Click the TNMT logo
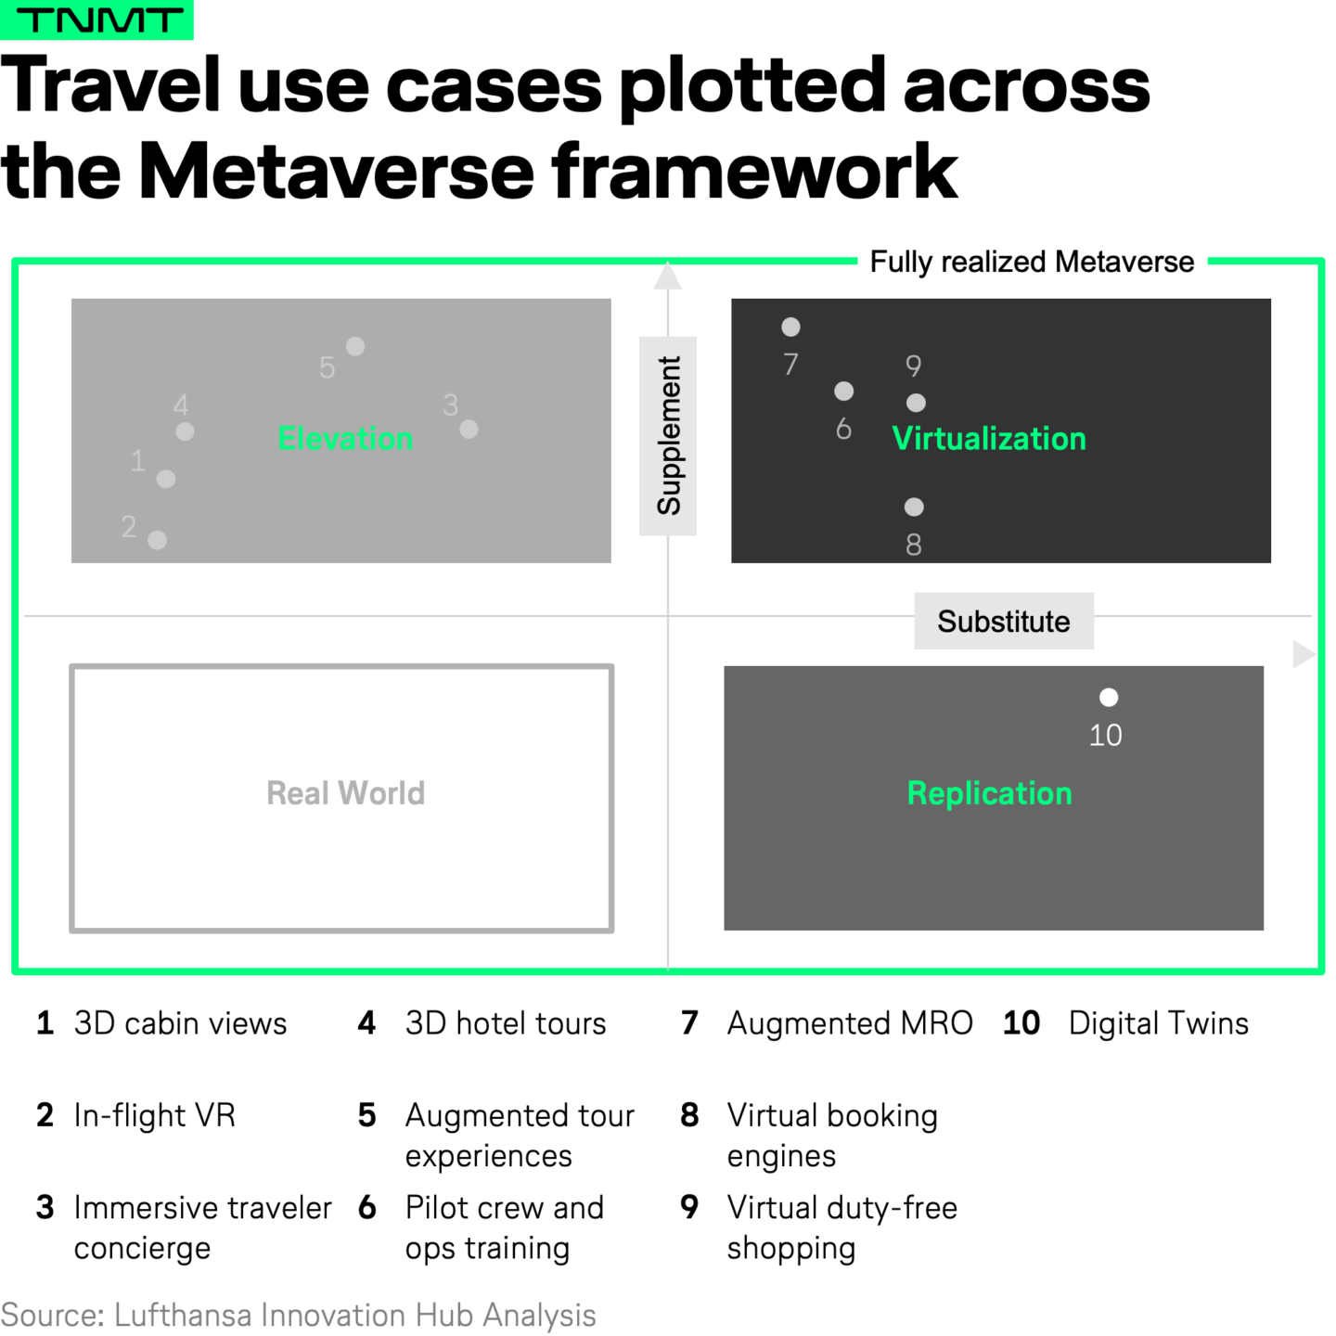96,19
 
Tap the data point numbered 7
790,327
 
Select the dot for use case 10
1109,698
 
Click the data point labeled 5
355,346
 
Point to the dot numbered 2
158,540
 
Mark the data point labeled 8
914,507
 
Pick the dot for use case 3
469,429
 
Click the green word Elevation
345,438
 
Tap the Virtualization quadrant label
989,438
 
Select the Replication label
989,793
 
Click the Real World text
345,793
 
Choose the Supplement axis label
668,435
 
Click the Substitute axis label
1003,621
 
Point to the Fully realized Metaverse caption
1032,263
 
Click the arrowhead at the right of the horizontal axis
1303,654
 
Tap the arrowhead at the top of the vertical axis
668,276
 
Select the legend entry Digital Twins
1158,1023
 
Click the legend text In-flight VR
154,1115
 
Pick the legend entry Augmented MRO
850,1023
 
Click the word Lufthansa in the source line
183,1316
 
